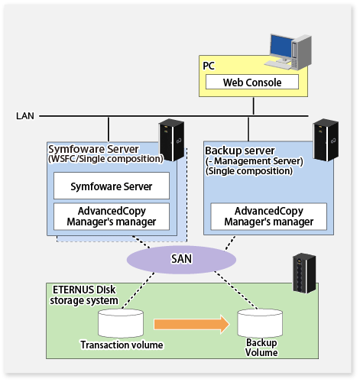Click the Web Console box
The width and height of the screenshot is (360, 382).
click(252, 82)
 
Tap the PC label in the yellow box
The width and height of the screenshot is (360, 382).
click(209, 66)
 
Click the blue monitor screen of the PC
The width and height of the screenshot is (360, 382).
click(281, 47)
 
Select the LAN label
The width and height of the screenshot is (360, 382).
click(25, 116)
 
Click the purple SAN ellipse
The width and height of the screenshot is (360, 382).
click(181, 260)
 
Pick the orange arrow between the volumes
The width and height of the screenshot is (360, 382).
click(192, 324)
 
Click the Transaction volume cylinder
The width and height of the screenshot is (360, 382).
click(121, 323)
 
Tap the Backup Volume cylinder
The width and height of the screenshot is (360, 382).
click(260, 323)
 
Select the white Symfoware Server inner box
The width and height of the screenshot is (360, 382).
click(112, 186)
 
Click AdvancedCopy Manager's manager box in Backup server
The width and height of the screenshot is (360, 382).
click(269, 216)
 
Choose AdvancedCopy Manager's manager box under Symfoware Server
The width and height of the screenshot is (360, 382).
click(112, 216)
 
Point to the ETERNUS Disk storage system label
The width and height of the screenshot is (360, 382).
click(84, 295)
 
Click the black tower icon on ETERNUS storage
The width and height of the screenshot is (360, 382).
click(304, 273)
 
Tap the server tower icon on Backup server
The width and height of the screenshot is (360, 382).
click(326, 140)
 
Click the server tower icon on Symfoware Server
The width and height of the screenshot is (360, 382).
click(171, 140)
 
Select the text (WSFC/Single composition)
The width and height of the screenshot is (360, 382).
click(105, 159)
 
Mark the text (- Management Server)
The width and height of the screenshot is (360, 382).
click(255, 161)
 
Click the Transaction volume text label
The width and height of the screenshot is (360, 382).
click(122, 345)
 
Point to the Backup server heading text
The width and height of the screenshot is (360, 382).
click(240, 151)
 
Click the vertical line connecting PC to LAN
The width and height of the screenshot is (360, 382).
click(254, 106)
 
